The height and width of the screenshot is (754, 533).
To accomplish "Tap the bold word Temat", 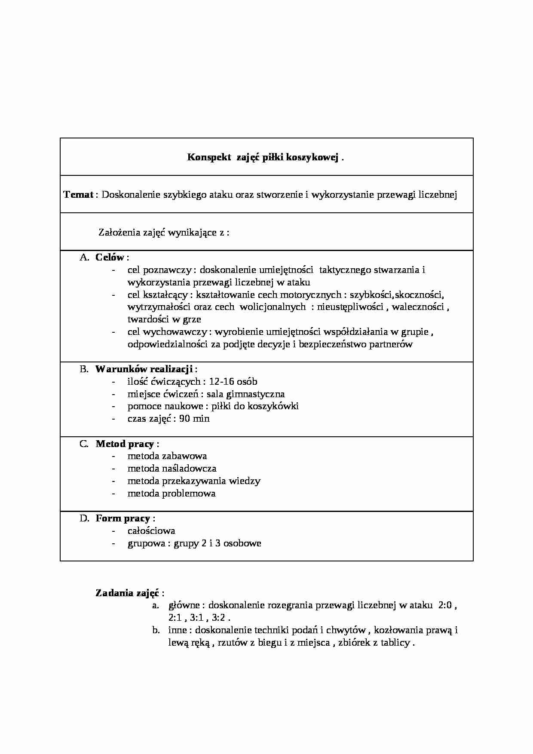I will pos(78,195).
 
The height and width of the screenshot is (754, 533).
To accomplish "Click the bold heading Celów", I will pos(110,257).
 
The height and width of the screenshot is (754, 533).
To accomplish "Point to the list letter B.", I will pos(84,369).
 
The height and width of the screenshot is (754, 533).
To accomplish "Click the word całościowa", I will pos(151,531).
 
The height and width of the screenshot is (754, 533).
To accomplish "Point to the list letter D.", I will pos(84,518).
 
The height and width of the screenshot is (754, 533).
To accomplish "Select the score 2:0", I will pos(445,605).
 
